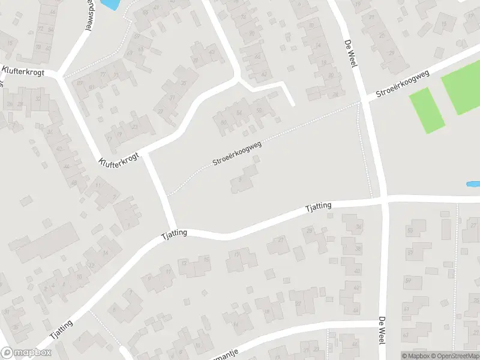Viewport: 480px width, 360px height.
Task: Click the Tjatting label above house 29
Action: point(318,207)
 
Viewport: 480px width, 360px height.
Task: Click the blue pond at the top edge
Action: point(110,4)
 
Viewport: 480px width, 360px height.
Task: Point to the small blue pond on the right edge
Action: point(473,184)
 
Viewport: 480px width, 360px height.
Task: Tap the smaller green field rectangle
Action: point(427,110)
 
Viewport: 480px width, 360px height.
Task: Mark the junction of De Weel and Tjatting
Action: point(384,199)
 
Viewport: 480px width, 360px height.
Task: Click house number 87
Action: point(80,83)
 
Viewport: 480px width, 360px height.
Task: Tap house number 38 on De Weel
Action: point(358,248)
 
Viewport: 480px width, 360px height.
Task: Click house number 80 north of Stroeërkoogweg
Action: point(224,123)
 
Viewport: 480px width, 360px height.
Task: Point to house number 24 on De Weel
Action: point(335,94)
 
